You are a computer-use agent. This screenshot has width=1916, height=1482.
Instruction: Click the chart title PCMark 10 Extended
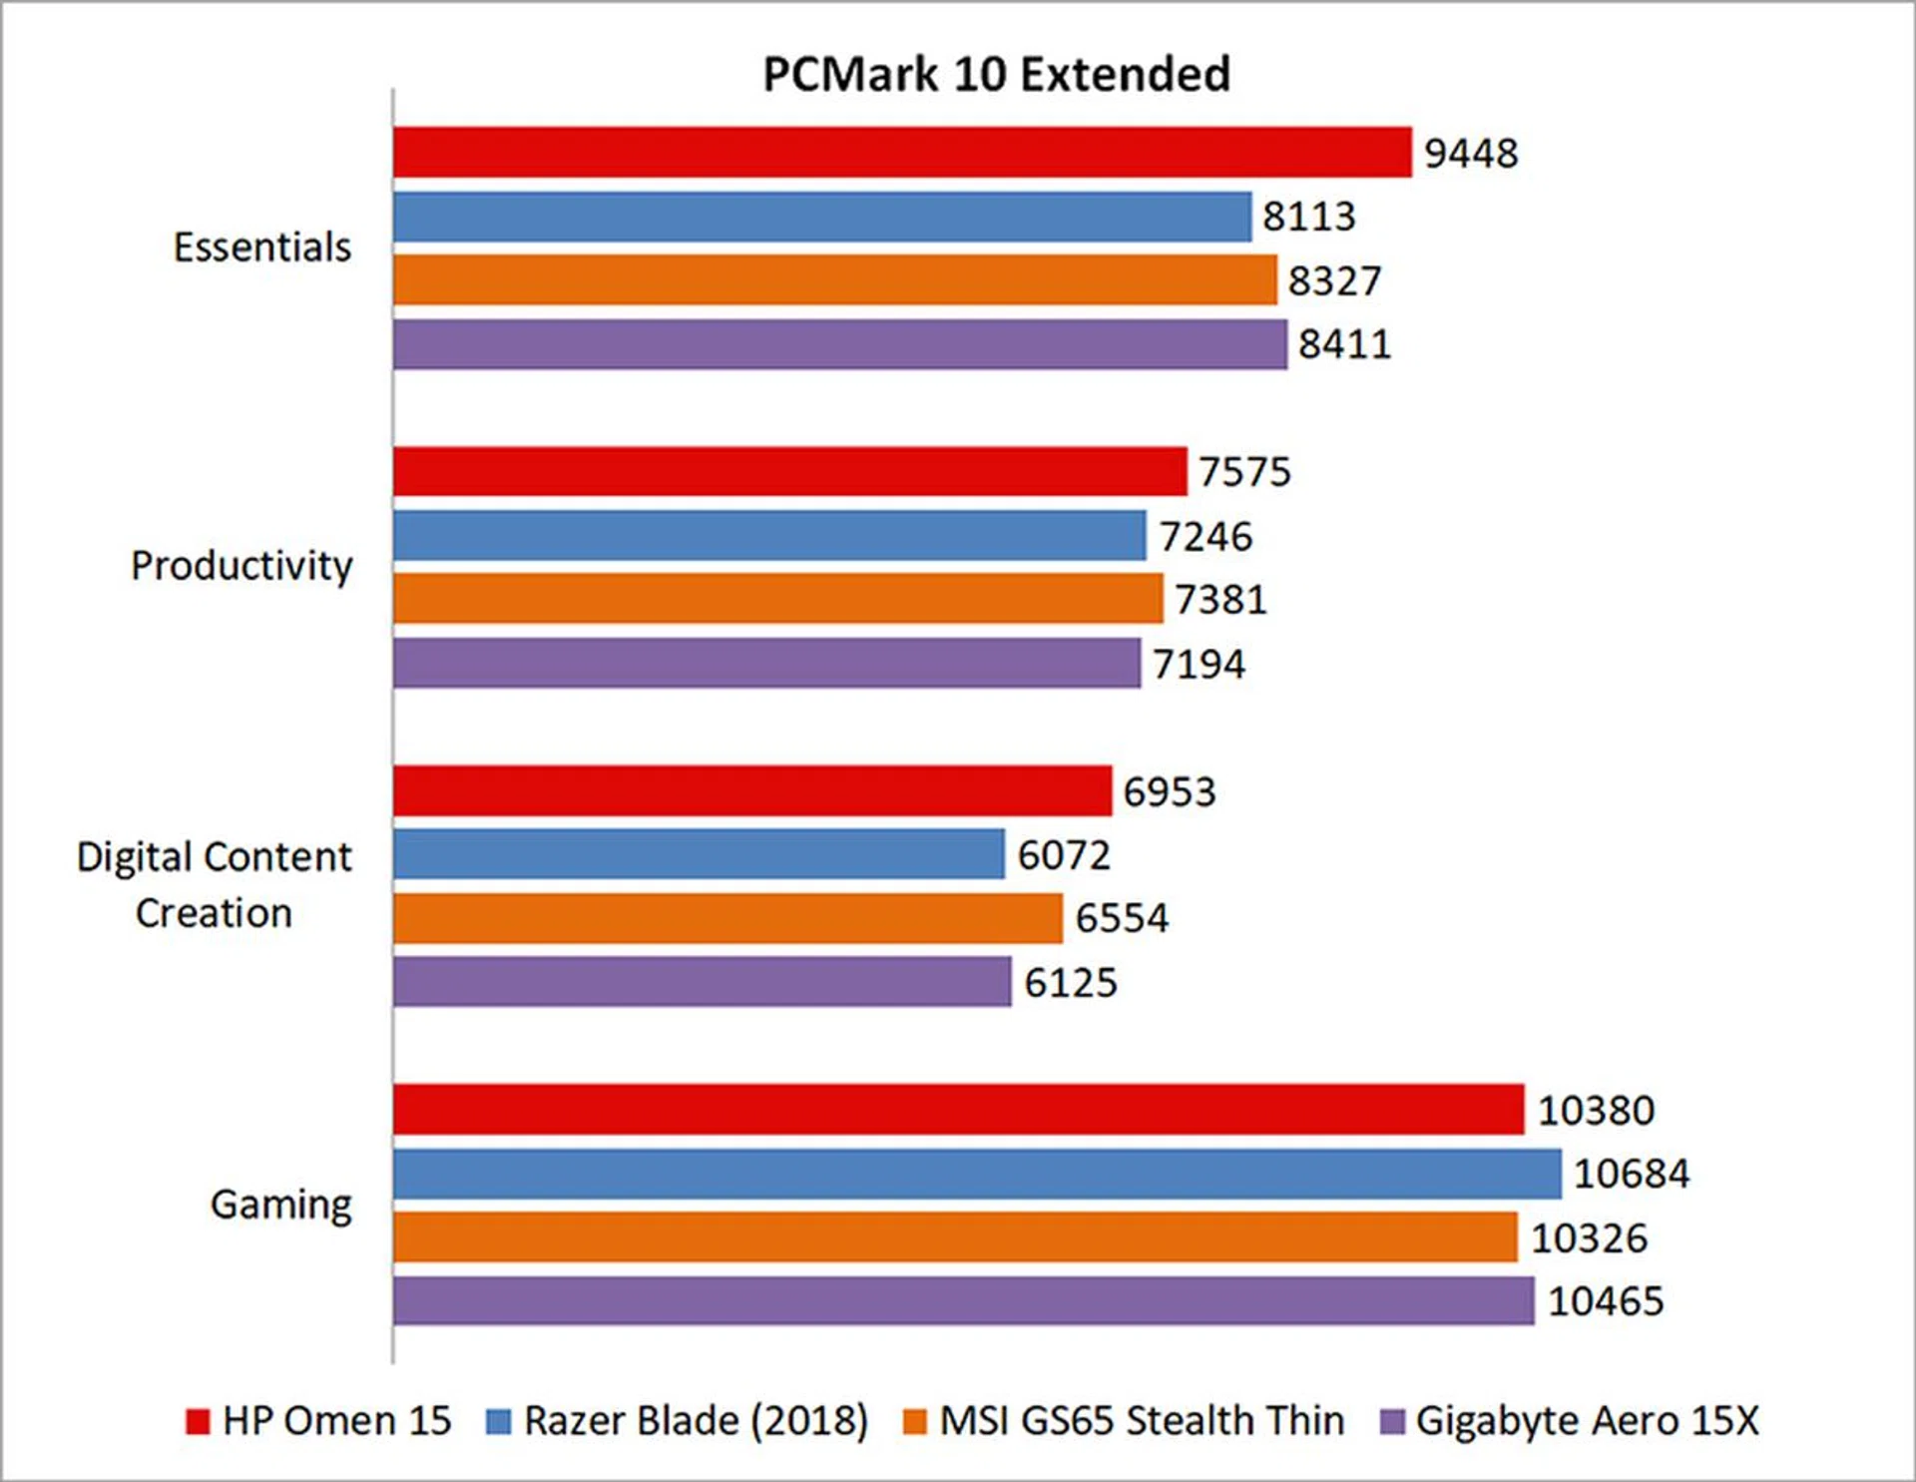click(x=996, y=74)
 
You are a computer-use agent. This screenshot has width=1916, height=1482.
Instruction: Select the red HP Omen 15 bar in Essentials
click(x=902, y=153)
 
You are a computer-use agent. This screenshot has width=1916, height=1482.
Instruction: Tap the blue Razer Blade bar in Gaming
click(x=977, y=1174)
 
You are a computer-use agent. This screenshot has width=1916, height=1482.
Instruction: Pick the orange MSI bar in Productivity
click(x=777, y=599)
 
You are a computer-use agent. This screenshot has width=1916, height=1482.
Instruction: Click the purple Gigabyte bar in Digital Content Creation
click(x=702, y=982)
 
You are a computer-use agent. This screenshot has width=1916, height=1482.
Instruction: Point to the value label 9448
click(x=1471, y=154)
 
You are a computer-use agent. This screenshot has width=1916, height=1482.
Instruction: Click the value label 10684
click(x=1632, y=1174)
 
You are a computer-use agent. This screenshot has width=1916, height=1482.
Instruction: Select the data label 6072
click(x=1063, y=855)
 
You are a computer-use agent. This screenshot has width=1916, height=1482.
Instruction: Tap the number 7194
click(x=1198, y=664)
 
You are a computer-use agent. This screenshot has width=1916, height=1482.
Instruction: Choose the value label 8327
click(x=1334, y=281)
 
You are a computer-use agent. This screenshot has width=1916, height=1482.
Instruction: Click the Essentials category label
click(x=262, y=247)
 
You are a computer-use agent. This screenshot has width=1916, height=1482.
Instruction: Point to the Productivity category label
click(x=241, y=566)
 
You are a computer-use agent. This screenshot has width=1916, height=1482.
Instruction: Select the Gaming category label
click(x=281, y=1205)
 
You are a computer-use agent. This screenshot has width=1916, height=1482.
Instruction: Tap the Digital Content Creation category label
click(x=215, y=884)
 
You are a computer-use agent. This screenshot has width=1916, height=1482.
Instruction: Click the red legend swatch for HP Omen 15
click(x=198, y=1421)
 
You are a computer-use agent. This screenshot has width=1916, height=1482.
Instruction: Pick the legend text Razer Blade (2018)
click(x=696, y=1421)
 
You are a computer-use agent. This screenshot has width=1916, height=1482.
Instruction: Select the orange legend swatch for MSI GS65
click(x=914, y=1421)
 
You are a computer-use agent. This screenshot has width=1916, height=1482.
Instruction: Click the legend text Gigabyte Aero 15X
click(x=1587, y=1421)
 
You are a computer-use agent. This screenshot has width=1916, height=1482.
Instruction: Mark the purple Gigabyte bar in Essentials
click(x=839, y=344)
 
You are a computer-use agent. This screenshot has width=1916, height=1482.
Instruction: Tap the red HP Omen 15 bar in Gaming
click(x=958, y=1110)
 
